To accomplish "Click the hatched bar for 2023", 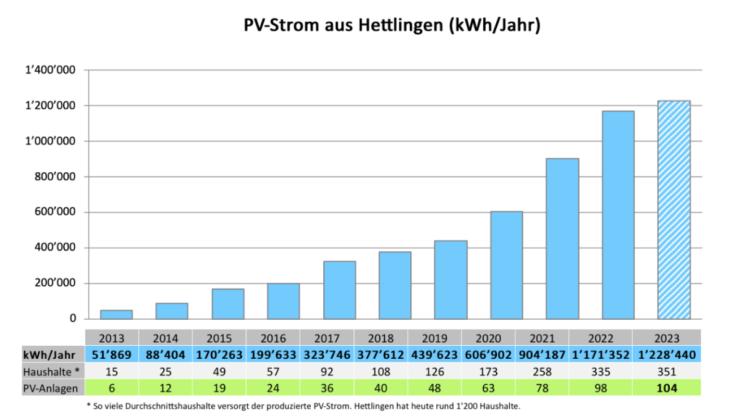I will (674, 210).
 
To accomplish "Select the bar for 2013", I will (116, 314).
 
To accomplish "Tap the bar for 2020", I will (506, 265).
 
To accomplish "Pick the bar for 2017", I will (339, 290).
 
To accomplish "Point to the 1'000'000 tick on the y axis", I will (50, 141).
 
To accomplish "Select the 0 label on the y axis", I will (72, 319).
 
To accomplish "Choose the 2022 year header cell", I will (601, 338).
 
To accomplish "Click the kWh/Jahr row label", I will (49, 355).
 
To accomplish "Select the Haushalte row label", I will (51, 372).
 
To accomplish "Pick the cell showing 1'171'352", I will (601, 355).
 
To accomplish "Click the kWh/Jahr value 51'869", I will (112, 355).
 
